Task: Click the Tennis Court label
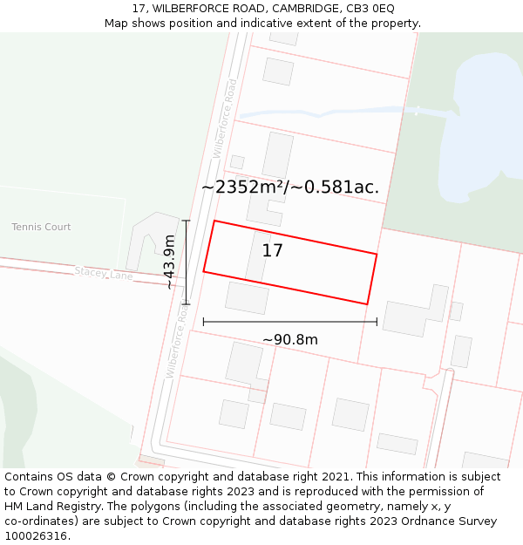pyautogui.click(x=41, y=227)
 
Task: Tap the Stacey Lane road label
pyautogui.click(x=103, y=273)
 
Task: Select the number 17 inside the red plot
pyautogui.click(x=272, y=251)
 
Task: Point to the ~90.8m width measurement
pyautogui.click(x=289, y=339)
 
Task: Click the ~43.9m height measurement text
pyautogui.click(x=169, y=262)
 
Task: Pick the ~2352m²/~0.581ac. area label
pyautogui.click(x=289, y=187)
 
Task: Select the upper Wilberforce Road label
pyautogui.click(x=225, y=118)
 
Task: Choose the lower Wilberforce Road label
pyautogui.click(x=177, y=341)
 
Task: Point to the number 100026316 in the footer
pyautogui.click(x=36, y=536)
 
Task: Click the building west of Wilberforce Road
pyautogui.click(x=142, y=240)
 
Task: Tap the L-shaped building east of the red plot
pyautogui.click(x=416, y=312)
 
